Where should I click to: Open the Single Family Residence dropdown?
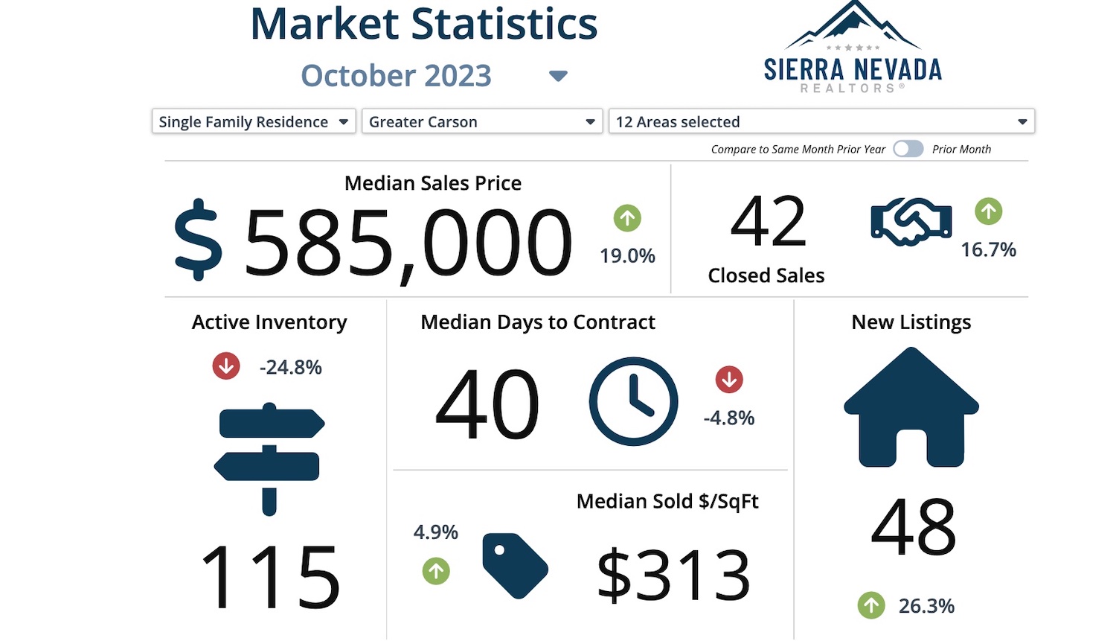(x=253, y=121)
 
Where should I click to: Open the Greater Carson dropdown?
(x=481, y=121)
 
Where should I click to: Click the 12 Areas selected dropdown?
(x=821, y=121)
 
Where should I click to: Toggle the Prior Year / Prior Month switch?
(x=908, y=149)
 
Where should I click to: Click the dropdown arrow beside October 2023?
(x=558, y=76)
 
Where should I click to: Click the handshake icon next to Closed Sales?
(x=911, y=222)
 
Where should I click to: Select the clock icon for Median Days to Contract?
(x=633, y=402)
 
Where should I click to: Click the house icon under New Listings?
(x=911, y=407)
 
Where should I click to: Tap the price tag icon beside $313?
(x=515, y=565)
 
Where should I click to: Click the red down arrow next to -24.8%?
(x=226, y=366)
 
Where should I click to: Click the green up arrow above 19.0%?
(x=627, y=218)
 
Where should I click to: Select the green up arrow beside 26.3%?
(x=871, y=605)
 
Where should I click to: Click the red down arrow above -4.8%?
(x=729, y=380)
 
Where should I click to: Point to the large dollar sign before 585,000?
(x=198, y=240)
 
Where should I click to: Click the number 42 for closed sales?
(x=768, y=222)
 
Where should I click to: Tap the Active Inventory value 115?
(x=270, y=577)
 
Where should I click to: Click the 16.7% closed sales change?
(x=988, y=249)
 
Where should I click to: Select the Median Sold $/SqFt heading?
(x=667, y=501)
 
